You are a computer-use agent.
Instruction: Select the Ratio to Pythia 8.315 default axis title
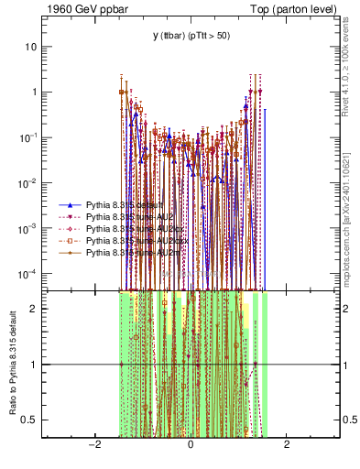(x=11, y=363)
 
